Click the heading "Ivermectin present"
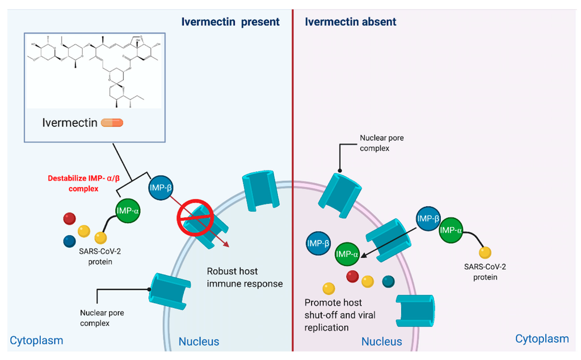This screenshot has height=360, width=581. pos(230,22)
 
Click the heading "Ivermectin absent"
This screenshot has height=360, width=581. pos(351,22)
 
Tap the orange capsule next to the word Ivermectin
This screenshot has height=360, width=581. pos(112,122)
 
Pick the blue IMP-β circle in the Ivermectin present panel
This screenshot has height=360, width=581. pos(161,187)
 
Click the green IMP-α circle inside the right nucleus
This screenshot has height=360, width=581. pos(348,254)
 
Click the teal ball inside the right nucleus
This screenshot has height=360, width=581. pos(389,281)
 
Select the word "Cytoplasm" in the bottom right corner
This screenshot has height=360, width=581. pos(542,338)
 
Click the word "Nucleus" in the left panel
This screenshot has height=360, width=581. pos(199,341)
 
